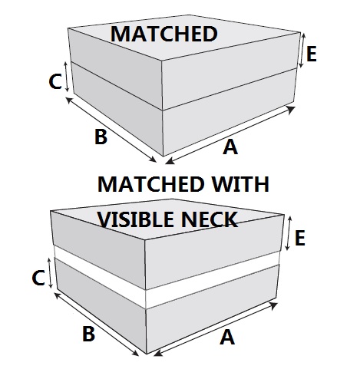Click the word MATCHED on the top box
pyautogui.click(x=163, y=34)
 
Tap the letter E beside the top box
pyautogui.click(x=311, y=54)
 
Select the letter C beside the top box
pyautogui.click(x=55, y=81)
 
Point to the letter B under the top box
pyautogui.click(x=101, y=137)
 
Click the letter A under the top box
pyautogui.click(x=230, y=147)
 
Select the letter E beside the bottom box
pyautogui.click(x=300, y=238)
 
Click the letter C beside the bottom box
pyautogui.click(x=38, y=278)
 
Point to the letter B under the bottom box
pyautogui.click(x=88, y=334)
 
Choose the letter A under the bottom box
pyautogui.click(x=227, y=337)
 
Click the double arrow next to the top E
pyautogui.click(x=302, y=51)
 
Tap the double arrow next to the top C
pyautogui.click(x=66, y=77)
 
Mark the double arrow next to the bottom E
pyautogui.click(x=289, y=233)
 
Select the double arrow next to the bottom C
pyautogui.click(x=50, y=273)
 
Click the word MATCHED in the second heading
pyautogui.click(x=151, y=184)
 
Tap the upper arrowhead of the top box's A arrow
pyautogui.click(x=291, y=110)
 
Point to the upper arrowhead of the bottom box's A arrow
pyautogui.click(x=273, y=305)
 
